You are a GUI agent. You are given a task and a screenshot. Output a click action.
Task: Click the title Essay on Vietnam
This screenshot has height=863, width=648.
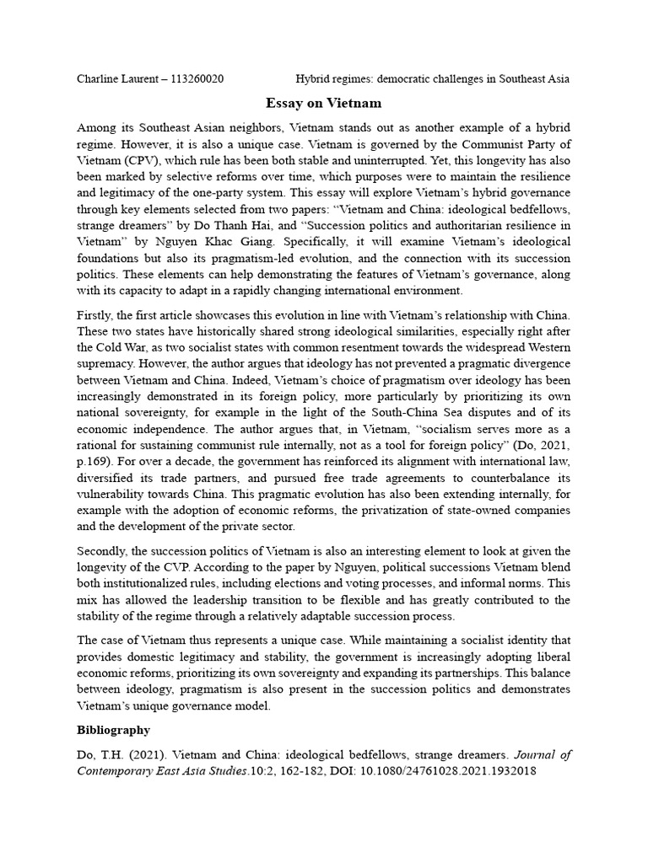[323, 104]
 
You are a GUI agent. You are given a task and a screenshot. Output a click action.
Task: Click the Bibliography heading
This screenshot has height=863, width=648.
[114, 729]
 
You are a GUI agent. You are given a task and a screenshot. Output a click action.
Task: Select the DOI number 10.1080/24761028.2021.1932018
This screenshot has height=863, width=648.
[454, 771]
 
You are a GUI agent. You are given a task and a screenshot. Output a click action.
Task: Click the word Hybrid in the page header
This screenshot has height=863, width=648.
[315, 79]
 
